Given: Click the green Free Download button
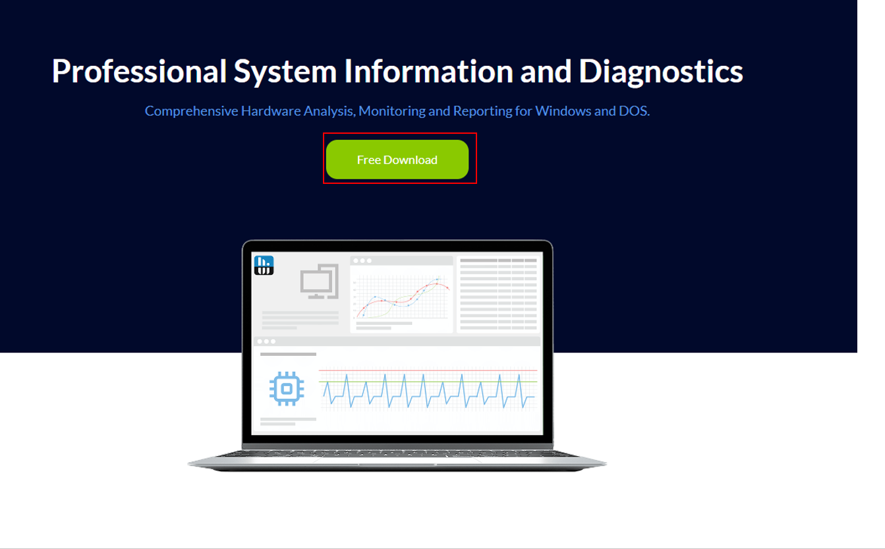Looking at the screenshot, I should coord(397,159).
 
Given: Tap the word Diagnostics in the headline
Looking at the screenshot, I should coord(661,71).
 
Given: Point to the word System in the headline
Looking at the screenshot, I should coord(285,71).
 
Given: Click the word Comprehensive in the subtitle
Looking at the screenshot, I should coord(191,111).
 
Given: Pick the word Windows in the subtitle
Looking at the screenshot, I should coord(563,111).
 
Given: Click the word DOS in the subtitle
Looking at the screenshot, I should coord(633,111).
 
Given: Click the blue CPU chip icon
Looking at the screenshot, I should coord(287,389).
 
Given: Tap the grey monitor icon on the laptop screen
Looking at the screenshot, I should coord(320,282).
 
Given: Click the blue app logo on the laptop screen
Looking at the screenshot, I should coord(264,265).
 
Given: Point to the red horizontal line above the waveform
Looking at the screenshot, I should coord(428,370).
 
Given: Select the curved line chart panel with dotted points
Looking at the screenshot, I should coord(401,295).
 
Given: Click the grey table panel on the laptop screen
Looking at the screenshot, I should coord(498,295).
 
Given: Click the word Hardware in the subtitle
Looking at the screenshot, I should coord(270,111).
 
